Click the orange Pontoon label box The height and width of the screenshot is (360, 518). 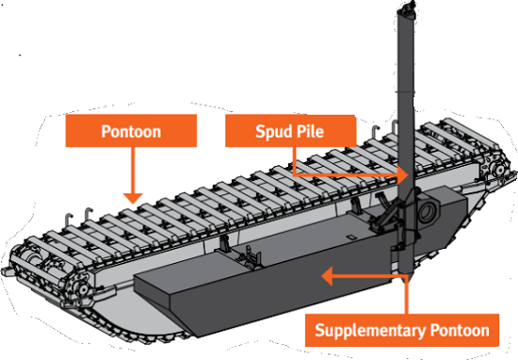coord(131,131)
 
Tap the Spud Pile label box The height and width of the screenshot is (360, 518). coord(290,131)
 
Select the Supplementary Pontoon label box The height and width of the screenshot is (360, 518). coord(402,330)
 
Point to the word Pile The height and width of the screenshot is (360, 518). coord(310,131)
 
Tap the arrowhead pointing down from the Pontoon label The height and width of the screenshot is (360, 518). coord(133,198)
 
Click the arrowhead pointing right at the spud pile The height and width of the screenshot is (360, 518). coord(404,174)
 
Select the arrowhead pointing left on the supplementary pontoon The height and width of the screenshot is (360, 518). coord(327,276)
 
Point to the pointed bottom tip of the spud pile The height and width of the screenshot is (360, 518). coord(406,280)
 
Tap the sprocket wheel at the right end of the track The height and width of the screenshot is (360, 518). coord(497,170)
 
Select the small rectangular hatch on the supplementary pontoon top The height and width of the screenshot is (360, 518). coord(350,237)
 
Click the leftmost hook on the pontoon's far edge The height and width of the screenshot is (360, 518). coord(68,220)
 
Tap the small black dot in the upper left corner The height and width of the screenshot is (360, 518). coord(20,55)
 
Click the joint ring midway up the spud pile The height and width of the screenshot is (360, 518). coord(406,91)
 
